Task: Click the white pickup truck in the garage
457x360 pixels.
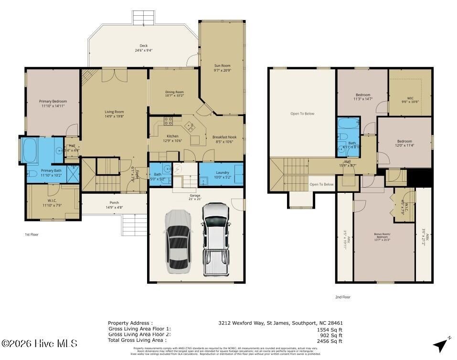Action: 215,239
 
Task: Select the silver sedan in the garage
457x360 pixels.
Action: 180,242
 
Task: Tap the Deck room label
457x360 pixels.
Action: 144,46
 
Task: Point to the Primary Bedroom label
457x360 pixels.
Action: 53,101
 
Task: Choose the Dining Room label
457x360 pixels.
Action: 174,92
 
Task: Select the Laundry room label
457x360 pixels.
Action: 223,172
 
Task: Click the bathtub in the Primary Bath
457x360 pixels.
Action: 31,150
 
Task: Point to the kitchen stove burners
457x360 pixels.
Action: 168,121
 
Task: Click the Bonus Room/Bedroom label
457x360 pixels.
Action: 385,235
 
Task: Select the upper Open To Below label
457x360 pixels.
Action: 302,114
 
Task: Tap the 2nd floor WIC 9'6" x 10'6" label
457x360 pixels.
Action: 410,99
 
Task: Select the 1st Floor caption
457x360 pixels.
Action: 32,235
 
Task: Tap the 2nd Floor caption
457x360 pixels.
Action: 342,297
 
